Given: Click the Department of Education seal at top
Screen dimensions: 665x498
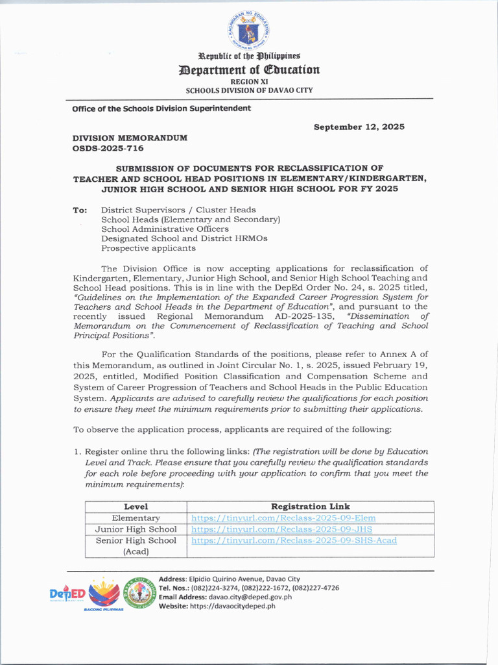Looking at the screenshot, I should (249, 29).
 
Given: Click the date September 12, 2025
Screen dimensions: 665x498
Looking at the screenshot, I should (359, 127).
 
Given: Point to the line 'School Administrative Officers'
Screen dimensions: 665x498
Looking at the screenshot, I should (165, 229).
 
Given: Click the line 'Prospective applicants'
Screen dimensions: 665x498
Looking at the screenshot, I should (148, 248).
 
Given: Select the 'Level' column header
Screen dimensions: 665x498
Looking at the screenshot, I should (136, 507).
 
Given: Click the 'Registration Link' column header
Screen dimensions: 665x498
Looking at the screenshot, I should (310, 507).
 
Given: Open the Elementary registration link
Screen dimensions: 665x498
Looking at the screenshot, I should (283, 518).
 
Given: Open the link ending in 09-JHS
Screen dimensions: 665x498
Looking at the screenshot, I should (279, 529).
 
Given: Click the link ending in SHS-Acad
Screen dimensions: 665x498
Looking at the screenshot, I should (294, 540).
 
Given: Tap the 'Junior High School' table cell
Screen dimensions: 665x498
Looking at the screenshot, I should (136, 529).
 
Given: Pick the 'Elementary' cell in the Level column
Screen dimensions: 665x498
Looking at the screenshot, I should (136, 518).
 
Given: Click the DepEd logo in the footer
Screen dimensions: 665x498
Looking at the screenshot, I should (67, 594).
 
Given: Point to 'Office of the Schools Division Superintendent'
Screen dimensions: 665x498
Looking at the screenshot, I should (161, 108).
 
